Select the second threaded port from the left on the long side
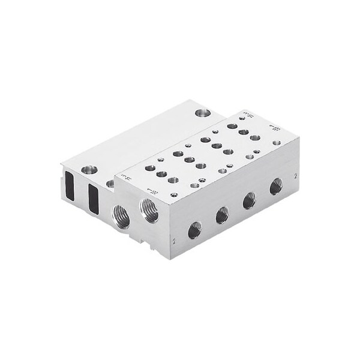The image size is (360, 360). (222, 215)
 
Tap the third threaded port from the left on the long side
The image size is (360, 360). (249, 200)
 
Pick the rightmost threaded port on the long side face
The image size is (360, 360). (276, 186)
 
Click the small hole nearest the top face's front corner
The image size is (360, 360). (174, 194)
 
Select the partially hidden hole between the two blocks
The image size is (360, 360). (110, 183)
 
